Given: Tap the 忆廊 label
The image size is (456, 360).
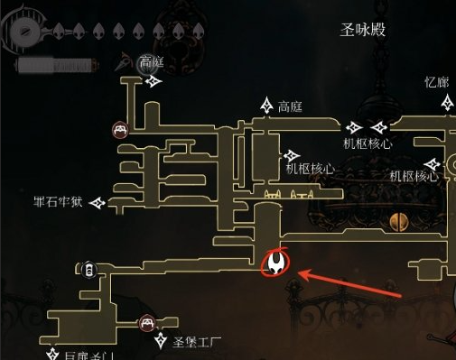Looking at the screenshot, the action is [436, 82].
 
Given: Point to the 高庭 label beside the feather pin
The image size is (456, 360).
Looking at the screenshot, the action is [151, 61].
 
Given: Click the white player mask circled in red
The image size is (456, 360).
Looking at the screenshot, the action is [275, 263].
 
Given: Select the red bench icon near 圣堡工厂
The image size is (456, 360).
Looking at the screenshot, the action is [146, 323].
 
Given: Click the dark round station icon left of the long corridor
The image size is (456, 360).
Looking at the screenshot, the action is [88, 269].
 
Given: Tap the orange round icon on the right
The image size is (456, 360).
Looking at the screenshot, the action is [395, 221].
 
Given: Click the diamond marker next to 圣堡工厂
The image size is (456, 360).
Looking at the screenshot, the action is [163, 341].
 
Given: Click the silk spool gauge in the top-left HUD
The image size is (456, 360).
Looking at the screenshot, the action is [22, 32].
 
